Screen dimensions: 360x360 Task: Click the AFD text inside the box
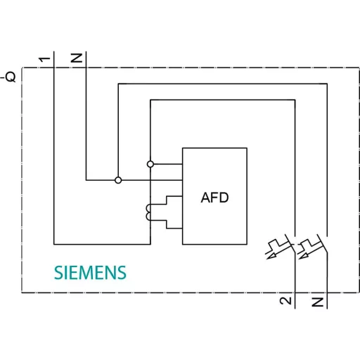(x=214, y=198)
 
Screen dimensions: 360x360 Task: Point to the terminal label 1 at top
(x=45, y=58)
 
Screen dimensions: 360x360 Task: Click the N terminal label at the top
(x=77, y=58)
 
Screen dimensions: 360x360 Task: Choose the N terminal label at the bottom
(x=317, y=302)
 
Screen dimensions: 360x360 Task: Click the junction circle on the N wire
(x=118, y=181)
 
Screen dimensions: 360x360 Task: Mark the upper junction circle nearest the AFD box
(x=150, y=164)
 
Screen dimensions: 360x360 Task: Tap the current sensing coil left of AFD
(x=148, y=212)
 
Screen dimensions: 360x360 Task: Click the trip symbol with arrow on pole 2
(x=276, y=248)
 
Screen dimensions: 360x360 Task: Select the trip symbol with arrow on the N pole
(x=307, y=248)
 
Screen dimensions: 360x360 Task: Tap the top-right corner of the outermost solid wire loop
(x=328, y=84)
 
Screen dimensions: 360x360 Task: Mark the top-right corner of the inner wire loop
(x=295, y=101)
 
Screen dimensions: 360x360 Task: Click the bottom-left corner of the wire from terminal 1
(x=54, y=244)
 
